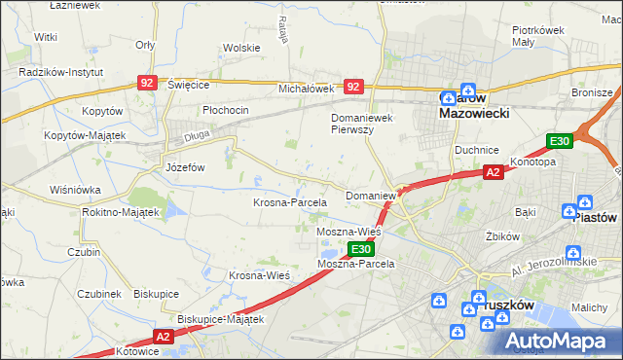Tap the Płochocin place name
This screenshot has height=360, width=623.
pos(226,110)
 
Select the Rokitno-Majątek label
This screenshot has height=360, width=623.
pos(121,212)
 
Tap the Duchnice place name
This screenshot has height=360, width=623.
pos(477,150)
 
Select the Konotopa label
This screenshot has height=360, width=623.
pos(533,162)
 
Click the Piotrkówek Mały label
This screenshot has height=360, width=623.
pos(538,36)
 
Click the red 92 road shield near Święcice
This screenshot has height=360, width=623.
pos(147,85)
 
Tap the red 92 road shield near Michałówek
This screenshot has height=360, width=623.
pos(353,87)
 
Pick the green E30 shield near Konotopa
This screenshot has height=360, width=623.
pos(558,141)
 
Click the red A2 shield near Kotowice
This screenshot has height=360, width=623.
pos(162,336)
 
